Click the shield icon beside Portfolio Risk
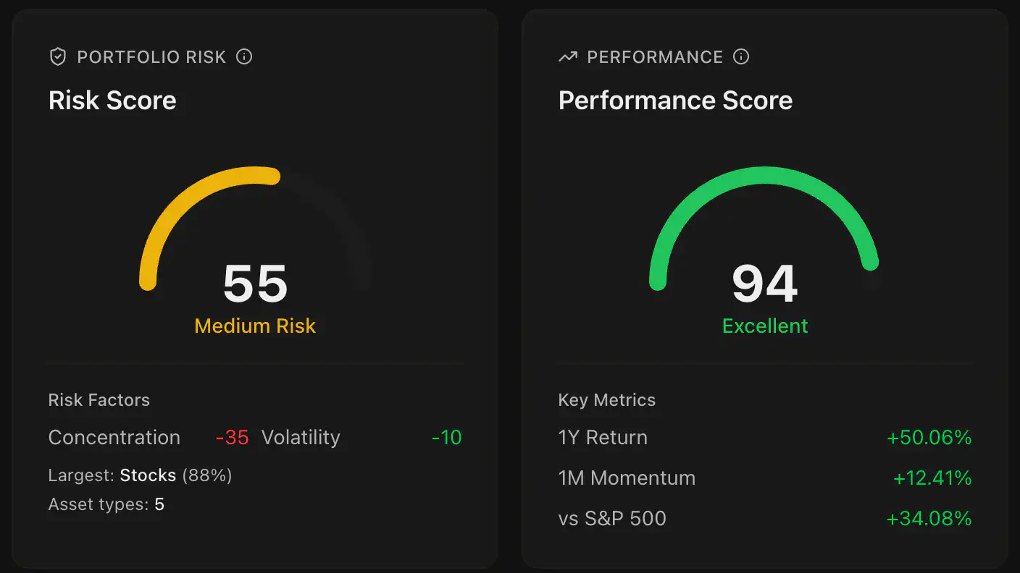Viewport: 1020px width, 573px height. pyautogui.click(x=58, y=57)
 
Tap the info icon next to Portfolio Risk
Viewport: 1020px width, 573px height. pyautogui.click(x=244, y=56)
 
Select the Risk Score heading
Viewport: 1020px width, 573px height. pyautogui.click(x=112, y=101)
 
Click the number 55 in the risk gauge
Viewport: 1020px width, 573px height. pyautogui.click(x=255, y=284)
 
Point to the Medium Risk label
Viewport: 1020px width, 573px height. pyautogui.click(x=255, y=326)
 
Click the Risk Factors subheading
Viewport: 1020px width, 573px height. pyautogui.click(x=99, y=400)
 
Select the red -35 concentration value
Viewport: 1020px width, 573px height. pyautogui.click(x=232, y=438)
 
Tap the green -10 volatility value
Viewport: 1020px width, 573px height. pyautogui.click(x=446, y=438)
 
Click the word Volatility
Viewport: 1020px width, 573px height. pyautogui.click(x=301, y=438)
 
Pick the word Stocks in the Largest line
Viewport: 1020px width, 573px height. pyautogui.click(x=148, y=475)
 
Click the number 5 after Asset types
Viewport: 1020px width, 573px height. pyautogui.click(x=159, y=504)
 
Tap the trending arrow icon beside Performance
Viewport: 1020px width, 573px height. pyautogui.click(x=568, y=57)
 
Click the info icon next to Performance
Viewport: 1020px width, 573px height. pyautogui.click(x=740, y=56)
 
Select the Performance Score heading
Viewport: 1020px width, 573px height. pyautogui.click(x=675, y=101)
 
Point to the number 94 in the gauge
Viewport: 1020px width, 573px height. pyautogui.click(x=765, y=284)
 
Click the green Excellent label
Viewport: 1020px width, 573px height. pyautogui.click(x=765, y=326)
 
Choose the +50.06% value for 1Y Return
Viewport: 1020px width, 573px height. pyautogui.click(x=929, y=438)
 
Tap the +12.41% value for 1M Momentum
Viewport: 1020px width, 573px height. pyautogui.click(x=932, y=478)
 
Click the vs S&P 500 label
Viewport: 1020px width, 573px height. pyautogui.click(x=612, y=519)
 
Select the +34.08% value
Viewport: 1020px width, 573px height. pyautogui.click(x=929, y=519)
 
